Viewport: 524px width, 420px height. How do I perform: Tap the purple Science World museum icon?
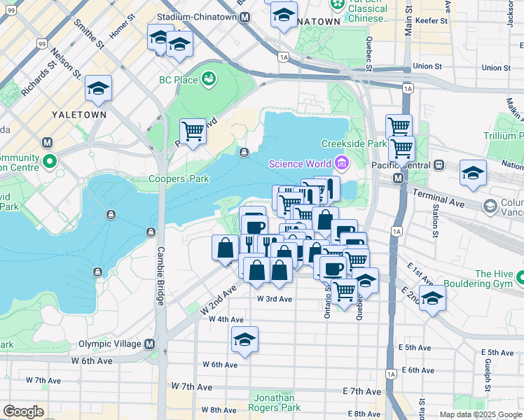(x=341, y=164)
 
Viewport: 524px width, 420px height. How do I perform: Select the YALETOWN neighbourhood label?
(x=79, y=114)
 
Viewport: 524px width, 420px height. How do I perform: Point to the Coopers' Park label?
(x=179, y=178)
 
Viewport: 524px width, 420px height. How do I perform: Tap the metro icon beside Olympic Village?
(x=149, y=344)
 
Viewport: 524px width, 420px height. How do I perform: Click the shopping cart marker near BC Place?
(x=193, y=131)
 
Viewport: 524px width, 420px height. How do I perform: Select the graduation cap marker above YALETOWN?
(x=98, y=88)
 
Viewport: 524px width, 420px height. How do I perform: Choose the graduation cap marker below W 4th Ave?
(x=245, y=339)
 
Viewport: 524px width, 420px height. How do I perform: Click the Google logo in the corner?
(x=23, y=412)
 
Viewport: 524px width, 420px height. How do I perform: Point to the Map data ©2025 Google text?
(x=481, y=414)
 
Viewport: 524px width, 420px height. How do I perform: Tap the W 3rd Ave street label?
(x=274, y=298)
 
